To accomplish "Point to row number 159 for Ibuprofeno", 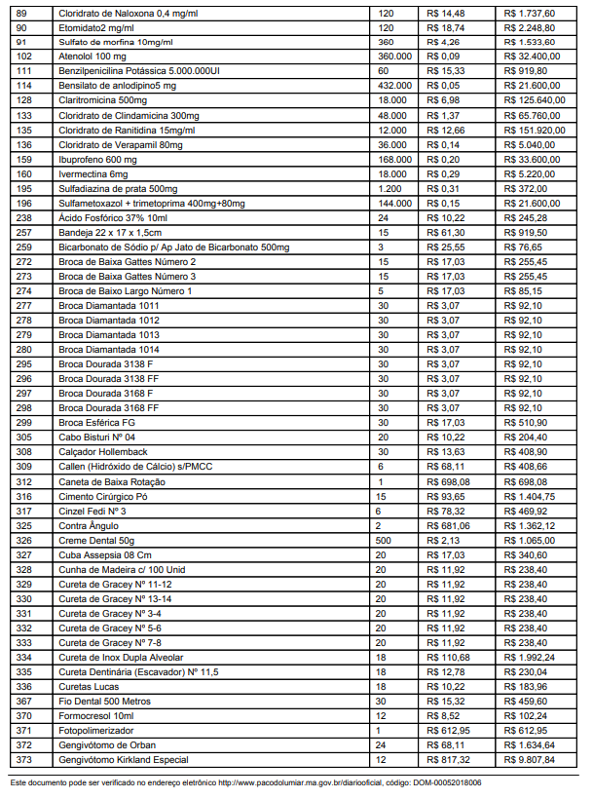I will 25,159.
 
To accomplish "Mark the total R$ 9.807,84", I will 531,759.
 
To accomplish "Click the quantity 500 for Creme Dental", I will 385,539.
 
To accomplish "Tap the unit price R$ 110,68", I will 449,657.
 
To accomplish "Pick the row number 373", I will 25,759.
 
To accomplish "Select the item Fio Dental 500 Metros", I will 104,700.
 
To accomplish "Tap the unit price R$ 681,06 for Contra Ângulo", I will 448,524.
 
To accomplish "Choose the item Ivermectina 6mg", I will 93,173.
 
